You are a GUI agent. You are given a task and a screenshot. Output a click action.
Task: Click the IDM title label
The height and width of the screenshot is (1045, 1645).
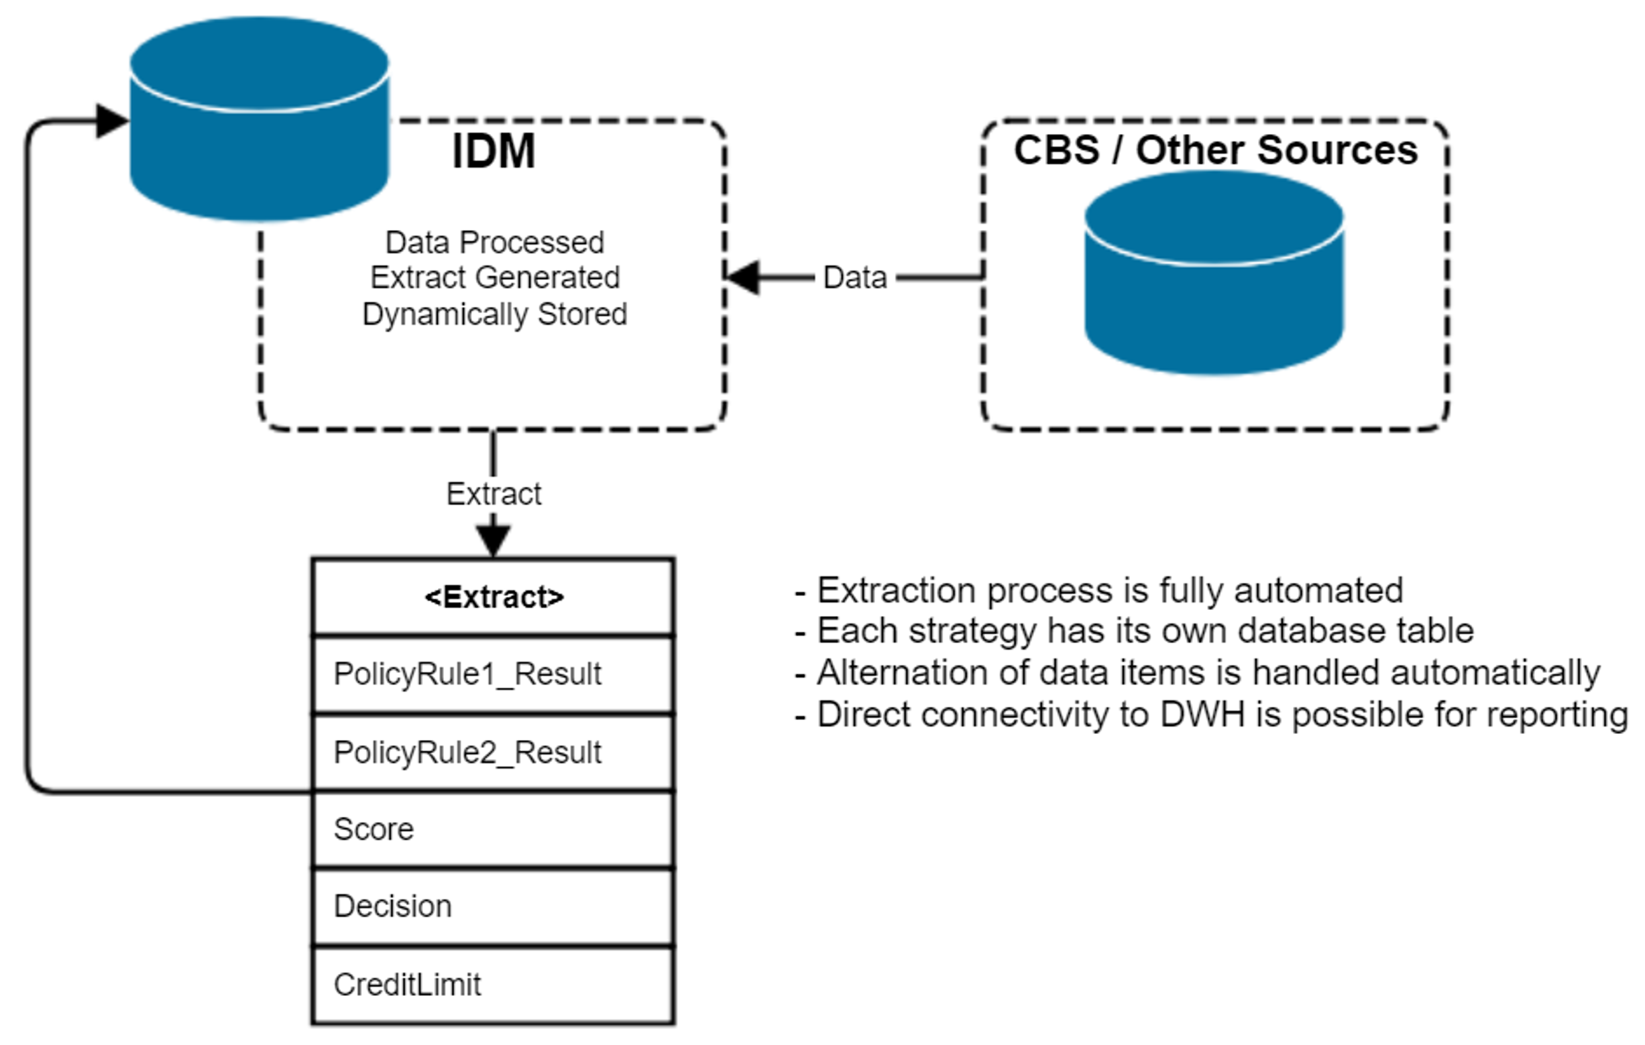[x=494, y=151]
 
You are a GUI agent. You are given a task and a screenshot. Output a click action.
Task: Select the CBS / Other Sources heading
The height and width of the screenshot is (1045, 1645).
[x=1216, y=150]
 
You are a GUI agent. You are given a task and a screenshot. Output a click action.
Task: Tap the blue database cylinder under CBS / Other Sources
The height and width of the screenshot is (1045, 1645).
[x=1214, y=273]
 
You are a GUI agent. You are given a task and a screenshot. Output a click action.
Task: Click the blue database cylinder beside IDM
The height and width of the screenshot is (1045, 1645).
[x=260, y=119]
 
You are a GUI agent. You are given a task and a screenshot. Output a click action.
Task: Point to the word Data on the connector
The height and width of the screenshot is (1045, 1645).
[x=854, y=277]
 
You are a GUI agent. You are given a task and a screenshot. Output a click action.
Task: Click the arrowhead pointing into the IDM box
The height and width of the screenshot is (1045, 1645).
[x=742, y=277]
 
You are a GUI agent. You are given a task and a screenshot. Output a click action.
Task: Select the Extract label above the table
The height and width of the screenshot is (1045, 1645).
[x=494, y=493]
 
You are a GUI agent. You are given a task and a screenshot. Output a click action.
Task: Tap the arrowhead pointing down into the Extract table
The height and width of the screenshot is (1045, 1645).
[x=493, y=541]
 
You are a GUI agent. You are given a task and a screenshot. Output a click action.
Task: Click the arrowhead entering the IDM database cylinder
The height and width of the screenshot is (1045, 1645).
[x=113, y=121]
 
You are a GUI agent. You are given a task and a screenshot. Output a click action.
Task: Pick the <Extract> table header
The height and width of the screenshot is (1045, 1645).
[x=493, y=597]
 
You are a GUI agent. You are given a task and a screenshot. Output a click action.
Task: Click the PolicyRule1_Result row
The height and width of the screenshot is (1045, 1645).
[x=493, y=674]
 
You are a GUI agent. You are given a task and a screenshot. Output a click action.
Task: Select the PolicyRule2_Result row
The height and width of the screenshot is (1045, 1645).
[x=493, y=753]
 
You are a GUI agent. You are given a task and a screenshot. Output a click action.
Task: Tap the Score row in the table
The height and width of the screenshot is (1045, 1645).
[x=493, y=829]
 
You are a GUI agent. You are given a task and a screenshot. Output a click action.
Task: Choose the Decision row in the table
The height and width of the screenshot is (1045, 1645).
[x=493, y=906]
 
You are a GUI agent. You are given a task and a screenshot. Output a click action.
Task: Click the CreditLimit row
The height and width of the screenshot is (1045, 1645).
[x=493, y=985]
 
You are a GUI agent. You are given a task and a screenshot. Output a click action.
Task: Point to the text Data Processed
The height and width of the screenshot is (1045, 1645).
[x=494, y=243]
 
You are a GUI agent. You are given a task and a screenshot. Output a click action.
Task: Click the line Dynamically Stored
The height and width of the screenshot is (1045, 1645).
[x=494, y=314]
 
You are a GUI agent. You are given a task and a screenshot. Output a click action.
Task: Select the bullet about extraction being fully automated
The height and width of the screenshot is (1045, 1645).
[x=1099, y=591]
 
